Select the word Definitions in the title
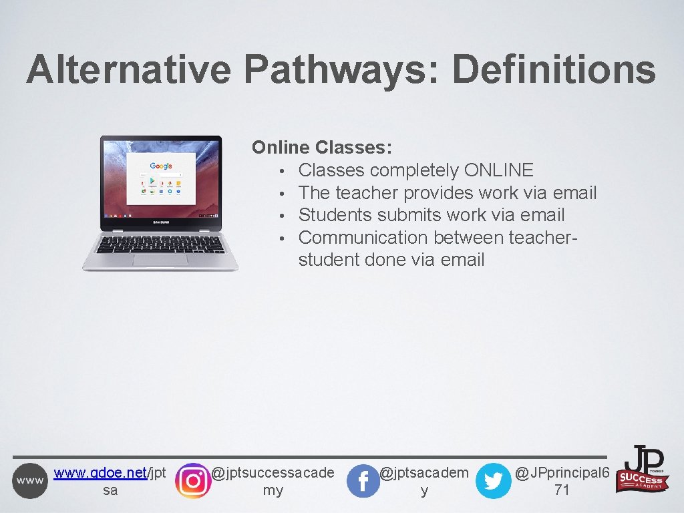pyautogui.click(x=554, y=70)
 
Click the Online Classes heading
pyautogui.click(x=321, y=148)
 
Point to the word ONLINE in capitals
pyautogui.click(x=498, y=170)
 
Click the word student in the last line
pyautogui.click(x=329, y=259)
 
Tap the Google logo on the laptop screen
pyautogui.click(x=160, y=166)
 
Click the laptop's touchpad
pyautogui.click(x=160, y=260)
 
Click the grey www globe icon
pyautogui.click(x=30, y=480)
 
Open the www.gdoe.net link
pyautogui.click(x=100, y=473)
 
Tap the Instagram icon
pyautogui.click(x=192, y=480)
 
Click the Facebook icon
pyautogui.click(x=363, y=481)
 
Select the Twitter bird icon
pyautogui.click(x=493, y=481)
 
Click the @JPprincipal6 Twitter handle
pyautogui.click(x=562, y=474)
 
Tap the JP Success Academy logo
pyautogui.click(x=643, y=469)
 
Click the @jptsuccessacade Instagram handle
pyautogui.click(x=272, y=474)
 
